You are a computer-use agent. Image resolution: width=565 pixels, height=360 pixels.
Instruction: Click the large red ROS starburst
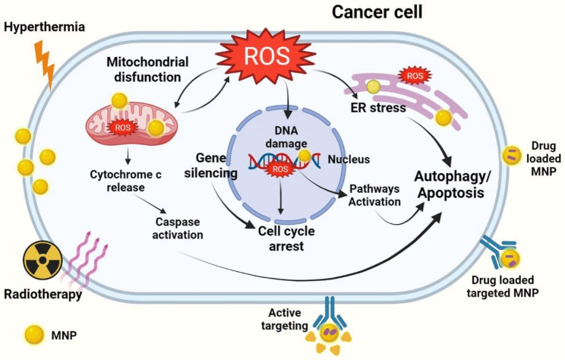266,56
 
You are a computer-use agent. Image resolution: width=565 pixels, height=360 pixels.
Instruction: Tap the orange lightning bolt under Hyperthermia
45,65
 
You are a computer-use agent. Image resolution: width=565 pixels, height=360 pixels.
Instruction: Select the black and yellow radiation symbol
43,261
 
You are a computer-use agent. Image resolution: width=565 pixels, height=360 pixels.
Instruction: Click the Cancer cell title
377,12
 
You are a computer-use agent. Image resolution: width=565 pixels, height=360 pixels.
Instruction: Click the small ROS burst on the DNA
280,169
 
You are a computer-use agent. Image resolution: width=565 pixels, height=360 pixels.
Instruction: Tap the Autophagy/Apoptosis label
453,185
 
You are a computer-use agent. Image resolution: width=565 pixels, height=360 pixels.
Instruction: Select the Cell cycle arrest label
286,238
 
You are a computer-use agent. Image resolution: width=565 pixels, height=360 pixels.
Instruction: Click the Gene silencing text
211,166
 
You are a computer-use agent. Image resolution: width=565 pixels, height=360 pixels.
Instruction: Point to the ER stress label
378,107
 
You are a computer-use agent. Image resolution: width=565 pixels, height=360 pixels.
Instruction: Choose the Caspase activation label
177,229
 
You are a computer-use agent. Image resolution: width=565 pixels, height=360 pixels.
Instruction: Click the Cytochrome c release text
126,181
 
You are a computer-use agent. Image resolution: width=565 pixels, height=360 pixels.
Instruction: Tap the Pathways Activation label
374,195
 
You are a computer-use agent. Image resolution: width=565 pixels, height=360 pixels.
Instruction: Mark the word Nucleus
349,159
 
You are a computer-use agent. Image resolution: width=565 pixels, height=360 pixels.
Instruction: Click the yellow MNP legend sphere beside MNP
34,335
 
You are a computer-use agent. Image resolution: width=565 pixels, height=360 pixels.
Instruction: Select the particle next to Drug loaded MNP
512,156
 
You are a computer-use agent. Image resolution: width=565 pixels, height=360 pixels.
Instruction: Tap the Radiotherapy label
43,294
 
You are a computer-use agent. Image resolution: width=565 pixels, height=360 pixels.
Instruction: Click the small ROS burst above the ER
415,76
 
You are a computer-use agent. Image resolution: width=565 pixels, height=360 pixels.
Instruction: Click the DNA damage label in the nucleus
286,137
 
